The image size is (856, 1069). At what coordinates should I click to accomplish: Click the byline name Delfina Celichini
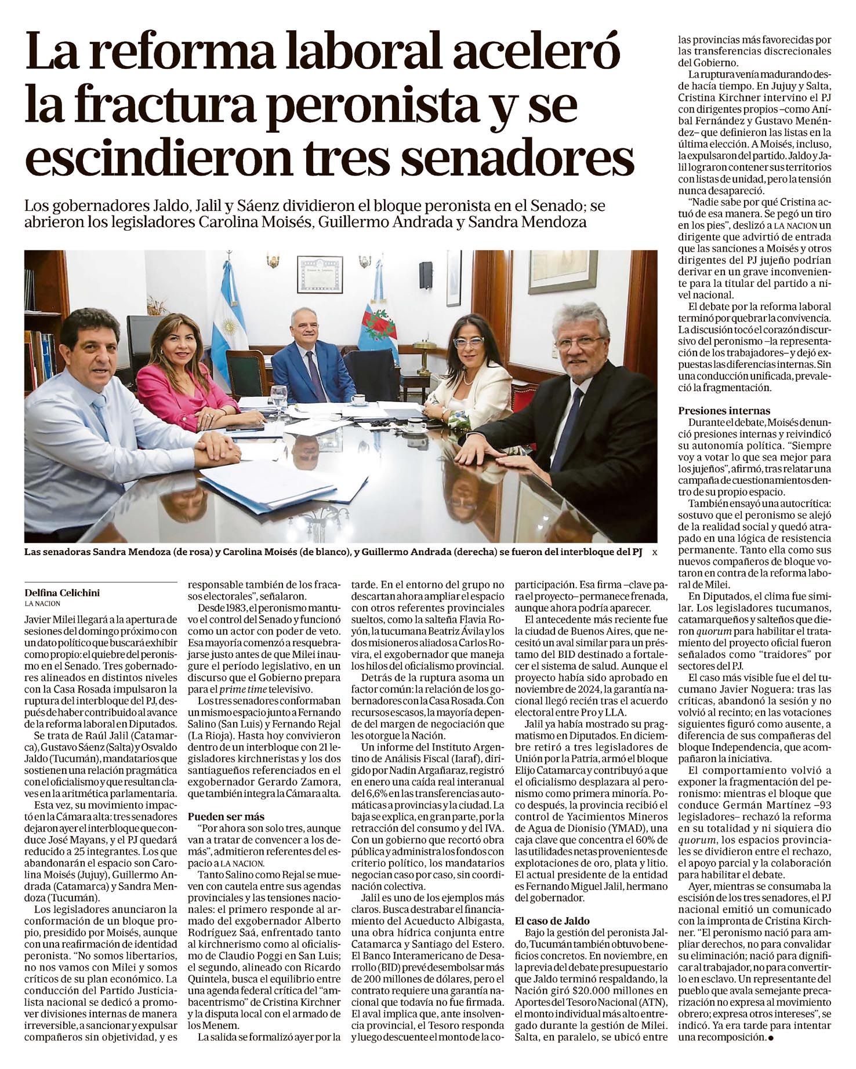coord(61,593)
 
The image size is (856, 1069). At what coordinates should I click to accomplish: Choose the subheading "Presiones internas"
coord(724,411)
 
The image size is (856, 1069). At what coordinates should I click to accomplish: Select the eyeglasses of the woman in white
coord(468,342)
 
